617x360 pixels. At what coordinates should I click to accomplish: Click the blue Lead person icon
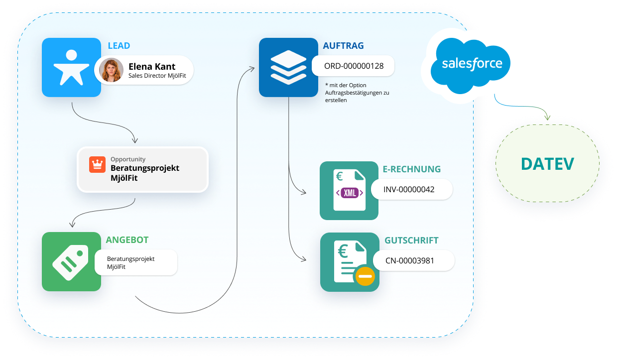[71, 67]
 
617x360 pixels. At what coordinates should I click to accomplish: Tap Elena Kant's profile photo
[111, 70]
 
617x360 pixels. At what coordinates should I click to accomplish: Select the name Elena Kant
[152, 66]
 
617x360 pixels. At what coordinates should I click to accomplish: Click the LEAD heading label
[119, 46]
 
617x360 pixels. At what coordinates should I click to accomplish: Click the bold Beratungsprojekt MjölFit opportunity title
[144, 172]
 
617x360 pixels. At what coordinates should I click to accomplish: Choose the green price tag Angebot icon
[71, 261]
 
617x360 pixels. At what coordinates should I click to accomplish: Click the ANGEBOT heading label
[127, 240]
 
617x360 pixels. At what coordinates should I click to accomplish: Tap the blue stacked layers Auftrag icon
[288, 67]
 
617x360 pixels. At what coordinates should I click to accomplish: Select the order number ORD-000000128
[354, 66]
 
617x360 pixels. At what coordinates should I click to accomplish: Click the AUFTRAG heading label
[343, 46]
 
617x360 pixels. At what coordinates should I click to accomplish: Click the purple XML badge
[350, 193]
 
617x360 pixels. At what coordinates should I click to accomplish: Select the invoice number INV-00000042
[409, 189]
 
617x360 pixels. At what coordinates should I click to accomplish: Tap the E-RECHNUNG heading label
[412, 169]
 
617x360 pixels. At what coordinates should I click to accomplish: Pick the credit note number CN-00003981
[413, 260]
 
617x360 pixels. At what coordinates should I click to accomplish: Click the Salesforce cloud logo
[472, 64]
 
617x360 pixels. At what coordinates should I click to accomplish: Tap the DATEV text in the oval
[547, 163]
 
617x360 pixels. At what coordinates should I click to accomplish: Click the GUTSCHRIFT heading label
[411, 240]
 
